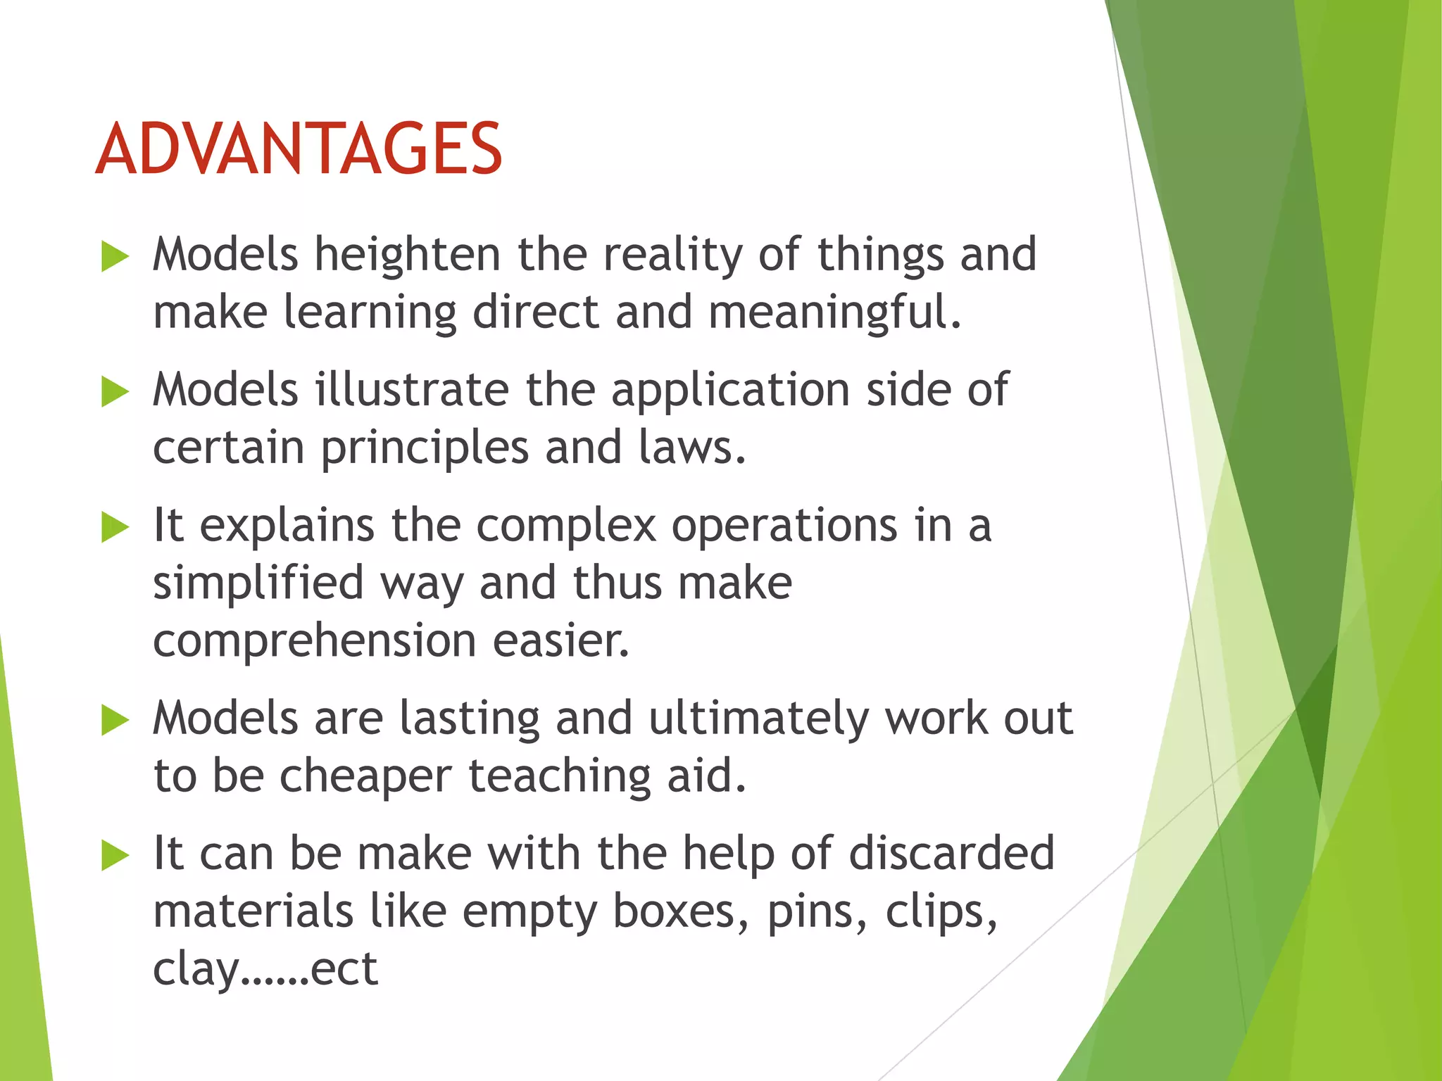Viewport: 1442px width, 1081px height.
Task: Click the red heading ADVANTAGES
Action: point(299,148)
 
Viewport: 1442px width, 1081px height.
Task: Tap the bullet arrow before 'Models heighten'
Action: point(115,256)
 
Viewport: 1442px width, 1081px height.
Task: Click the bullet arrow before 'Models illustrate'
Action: point(115,391)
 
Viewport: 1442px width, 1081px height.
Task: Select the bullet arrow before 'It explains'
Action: point(115,527)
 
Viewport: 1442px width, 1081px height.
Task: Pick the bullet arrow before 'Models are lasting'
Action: point(115,720)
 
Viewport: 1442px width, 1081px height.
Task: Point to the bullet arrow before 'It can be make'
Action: point(115,855)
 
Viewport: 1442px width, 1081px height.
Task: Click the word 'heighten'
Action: point(407,255)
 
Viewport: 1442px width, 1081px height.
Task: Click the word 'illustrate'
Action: point(411,390)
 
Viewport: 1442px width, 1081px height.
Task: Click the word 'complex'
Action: point(566,526)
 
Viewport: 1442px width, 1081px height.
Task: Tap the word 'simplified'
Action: point(258,584)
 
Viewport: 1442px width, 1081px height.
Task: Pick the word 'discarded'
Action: point(951,854)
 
